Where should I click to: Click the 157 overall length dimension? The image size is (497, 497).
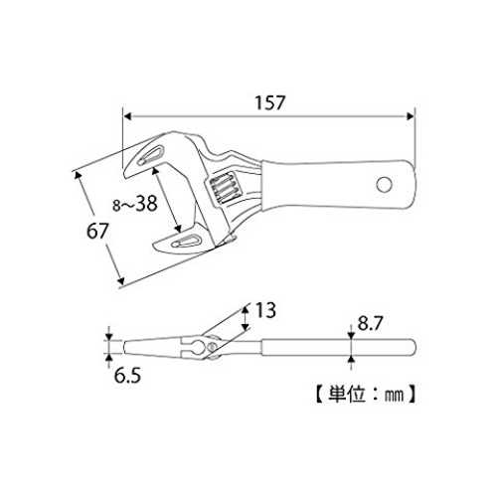click(269, 102)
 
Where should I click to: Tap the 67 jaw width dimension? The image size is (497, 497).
click(97, 231)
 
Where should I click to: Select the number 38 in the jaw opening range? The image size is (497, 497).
click(146, 203)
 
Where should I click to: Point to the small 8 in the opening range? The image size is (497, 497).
click(116, 206)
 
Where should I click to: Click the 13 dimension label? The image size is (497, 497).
click(265, 310)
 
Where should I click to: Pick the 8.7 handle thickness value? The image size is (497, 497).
click(370, 323)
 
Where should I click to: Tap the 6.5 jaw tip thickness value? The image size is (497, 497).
click(127, 376)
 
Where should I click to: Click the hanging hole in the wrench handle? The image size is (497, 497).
click(385, 185)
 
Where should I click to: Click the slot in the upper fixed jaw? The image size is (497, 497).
click(151, 155)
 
